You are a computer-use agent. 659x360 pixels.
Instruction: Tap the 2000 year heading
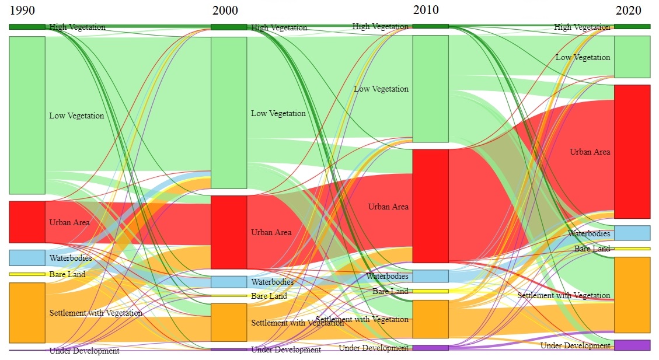pos(225,11)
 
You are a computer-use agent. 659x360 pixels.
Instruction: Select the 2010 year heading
pos(426,10)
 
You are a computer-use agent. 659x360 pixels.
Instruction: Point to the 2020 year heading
pos(628,11)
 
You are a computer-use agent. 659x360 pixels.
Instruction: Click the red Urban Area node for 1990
pos(27,222)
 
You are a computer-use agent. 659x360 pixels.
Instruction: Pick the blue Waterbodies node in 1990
pos(27,257)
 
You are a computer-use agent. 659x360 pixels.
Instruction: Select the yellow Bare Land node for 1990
pos(27,274)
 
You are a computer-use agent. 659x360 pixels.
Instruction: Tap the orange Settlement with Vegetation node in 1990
pos(27,313)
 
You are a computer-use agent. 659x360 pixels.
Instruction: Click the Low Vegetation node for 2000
pos(229,113)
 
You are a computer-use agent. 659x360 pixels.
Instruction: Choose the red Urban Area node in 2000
pos(229,232)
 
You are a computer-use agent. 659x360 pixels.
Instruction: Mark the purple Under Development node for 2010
pos(431,348)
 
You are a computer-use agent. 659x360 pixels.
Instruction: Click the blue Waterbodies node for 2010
pos(431,276)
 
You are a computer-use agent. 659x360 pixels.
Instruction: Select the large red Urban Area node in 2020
pos(632,152)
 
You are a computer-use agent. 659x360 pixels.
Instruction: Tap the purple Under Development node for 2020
pos(632,345)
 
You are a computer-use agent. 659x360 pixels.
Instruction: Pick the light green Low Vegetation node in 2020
pos(632,57)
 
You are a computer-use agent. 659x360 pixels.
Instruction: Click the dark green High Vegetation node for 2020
pos(632,26)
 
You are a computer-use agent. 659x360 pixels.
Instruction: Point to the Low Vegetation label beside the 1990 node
pos(76,116)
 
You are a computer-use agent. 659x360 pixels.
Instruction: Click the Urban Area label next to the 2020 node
pos(590,152)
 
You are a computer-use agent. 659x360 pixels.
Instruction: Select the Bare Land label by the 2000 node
pos(269,296)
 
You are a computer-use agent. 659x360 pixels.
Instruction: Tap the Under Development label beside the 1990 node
pos(84,351)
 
